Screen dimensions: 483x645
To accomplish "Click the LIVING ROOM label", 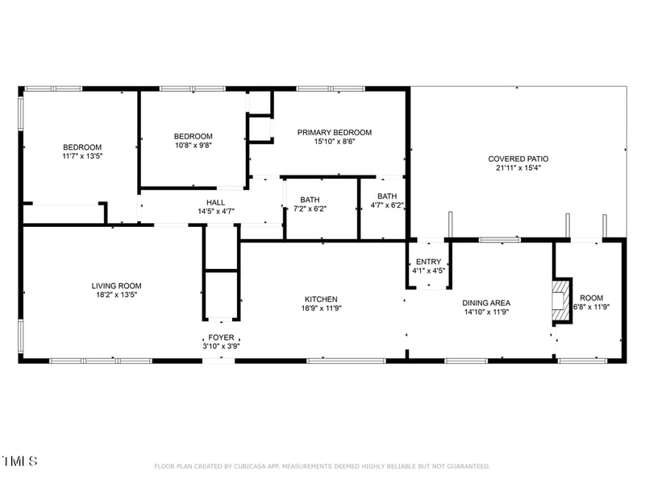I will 116,286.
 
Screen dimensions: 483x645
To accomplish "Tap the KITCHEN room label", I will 320,299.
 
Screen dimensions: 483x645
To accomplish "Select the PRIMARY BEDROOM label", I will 334,132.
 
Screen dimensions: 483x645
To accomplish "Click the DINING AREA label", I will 485,303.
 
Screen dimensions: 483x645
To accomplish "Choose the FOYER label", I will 221,337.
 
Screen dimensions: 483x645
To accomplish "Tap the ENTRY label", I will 428,262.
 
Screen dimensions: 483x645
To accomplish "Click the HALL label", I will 215,203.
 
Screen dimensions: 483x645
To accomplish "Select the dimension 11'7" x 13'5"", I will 82,156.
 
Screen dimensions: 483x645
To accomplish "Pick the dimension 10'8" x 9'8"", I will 193,146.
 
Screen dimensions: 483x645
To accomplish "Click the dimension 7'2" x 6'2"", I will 310,208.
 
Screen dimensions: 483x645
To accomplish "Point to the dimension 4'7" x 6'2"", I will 387,205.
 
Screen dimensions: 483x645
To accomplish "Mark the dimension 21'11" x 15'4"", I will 518,168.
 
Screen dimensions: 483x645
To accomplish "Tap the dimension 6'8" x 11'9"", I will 591,307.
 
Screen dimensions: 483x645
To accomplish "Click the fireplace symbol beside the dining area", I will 560,300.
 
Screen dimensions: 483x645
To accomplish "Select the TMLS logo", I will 19,461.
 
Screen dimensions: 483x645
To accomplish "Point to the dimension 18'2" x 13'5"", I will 116,295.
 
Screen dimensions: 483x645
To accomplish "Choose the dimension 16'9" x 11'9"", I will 320,308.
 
